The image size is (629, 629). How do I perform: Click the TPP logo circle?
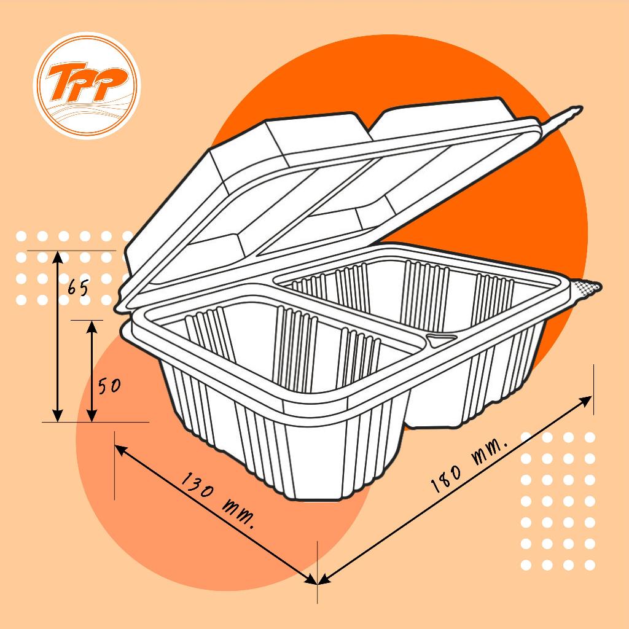(87, 85)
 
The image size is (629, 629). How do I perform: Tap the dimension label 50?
(109, 386)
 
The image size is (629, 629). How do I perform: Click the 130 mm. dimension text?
(218, 501)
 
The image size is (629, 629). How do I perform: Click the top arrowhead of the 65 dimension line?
(58, 257)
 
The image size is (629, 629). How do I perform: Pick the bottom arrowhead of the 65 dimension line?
(58, 416)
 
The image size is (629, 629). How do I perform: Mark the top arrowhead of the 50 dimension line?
(92, 327)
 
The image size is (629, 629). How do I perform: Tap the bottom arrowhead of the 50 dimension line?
(92, 416)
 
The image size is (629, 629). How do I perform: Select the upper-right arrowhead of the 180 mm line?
(585, 400)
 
